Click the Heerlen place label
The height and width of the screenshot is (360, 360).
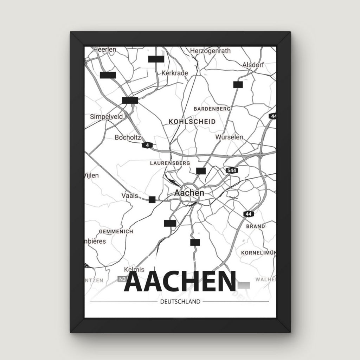(105, 50)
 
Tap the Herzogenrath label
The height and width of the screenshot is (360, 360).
(210, 51)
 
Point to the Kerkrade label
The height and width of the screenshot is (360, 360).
(175, 73)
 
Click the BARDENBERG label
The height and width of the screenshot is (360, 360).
(212, 109)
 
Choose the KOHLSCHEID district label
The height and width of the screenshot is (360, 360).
(192, 121)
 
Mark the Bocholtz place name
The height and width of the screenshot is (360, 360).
(128, 137)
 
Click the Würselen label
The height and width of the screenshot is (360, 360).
(229, 137)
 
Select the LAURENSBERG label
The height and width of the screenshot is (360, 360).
(170, 163)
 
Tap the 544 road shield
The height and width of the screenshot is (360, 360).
(232, 171)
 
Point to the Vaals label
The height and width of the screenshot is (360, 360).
(129, 195)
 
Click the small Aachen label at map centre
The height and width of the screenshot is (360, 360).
(189, 193)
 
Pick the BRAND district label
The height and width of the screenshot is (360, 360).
(256, 226)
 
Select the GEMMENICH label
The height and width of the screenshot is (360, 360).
(116, 232)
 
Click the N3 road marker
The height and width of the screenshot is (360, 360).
(122, 279)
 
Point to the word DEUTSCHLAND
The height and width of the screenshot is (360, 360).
(180, 302)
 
